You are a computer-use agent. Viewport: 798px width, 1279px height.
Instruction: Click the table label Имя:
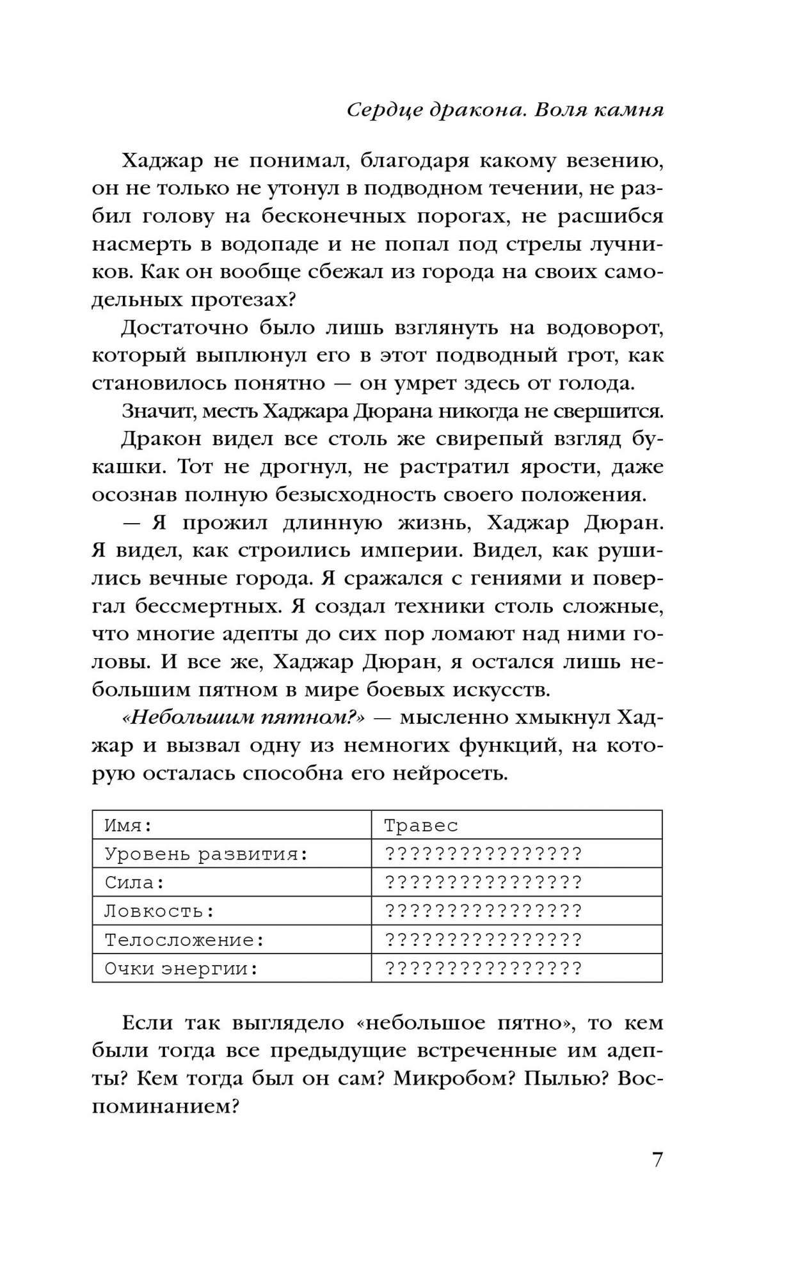point(129,825)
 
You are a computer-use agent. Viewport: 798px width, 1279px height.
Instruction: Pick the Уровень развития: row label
point(207,854)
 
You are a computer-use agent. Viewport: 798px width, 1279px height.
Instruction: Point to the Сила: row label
point(135,883)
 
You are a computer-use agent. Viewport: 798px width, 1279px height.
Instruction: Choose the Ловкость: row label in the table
point(159,911)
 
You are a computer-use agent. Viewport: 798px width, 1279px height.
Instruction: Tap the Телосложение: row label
point(185,940)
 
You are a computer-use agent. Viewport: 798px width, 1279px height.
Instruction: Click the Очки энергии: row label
point(181,969)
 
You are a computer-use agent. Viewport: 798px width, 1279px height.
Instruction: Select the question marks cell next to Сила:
point(483,883)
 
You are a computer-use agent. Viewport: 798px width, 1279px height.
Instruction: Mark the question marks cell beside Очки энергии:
point(483,969)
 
